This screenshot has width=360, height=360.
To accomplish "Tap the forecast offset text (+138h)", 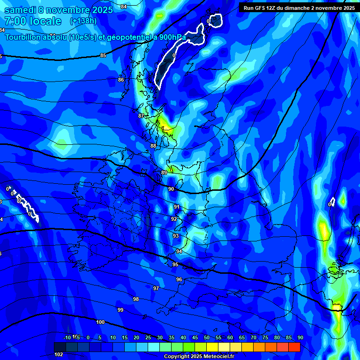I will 83,21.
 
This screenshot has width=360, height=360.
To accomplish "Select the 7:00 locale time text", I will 33,21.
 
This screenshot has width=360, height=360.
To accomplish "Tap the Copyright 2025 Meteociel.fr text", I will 199,356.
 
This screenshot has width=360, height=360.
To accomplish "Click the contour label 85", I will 103,56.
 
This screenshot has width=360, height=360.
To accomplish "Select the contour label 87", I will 141,116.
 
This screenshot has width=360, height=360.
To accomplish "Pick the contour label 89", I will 164,173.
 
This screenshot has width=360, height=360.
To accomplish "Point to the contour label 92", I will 174,219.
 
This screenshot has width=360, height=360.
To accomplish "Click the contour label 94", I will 179,252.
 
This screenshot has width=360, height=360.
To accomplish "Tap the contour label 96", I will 179,279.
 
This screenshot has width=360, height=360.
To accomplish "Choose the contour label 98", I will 136,299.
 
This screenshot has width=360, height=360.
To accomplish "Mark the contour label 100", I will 100,322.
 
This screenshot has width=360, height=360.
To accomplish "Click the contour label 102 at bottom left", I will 59,354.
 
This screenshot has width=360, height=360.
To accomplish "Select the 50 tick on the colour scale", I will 207,338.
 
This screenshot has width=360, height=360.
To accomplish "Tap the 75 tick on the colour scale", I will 265,338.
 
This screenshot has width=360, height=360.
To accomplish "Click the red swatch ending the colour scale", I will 294,347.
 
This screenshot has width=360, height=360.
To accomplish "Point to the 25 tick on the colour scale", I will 148,338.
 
